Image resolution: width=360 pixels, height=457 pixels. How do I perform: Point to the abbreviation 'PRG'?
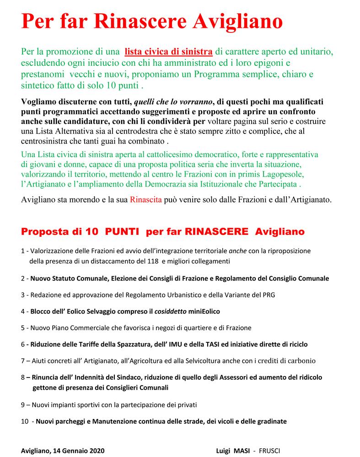pos(267,294)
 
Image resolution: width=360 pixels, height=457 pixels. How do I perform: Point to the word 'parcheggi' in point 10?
pos(70,421)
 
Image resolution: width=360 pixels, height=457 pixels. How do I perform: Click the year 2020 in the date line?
pos(97,450)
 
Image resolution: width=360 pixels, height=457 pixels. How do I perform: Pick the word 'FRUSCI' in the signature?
pos(272,450)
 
